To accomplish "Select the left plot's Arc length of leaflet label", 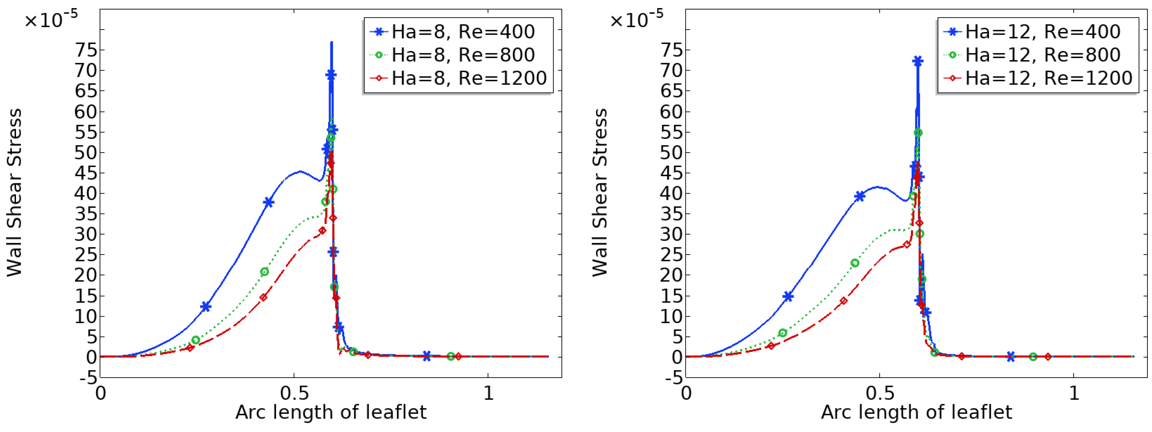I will click(331, 412).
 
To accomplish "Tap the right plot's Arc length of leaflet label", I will click(916, 412).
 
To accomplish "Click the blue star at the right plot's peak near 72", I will click(918, 61).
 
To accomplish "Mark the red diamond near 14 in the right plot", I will click(843, 301).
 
